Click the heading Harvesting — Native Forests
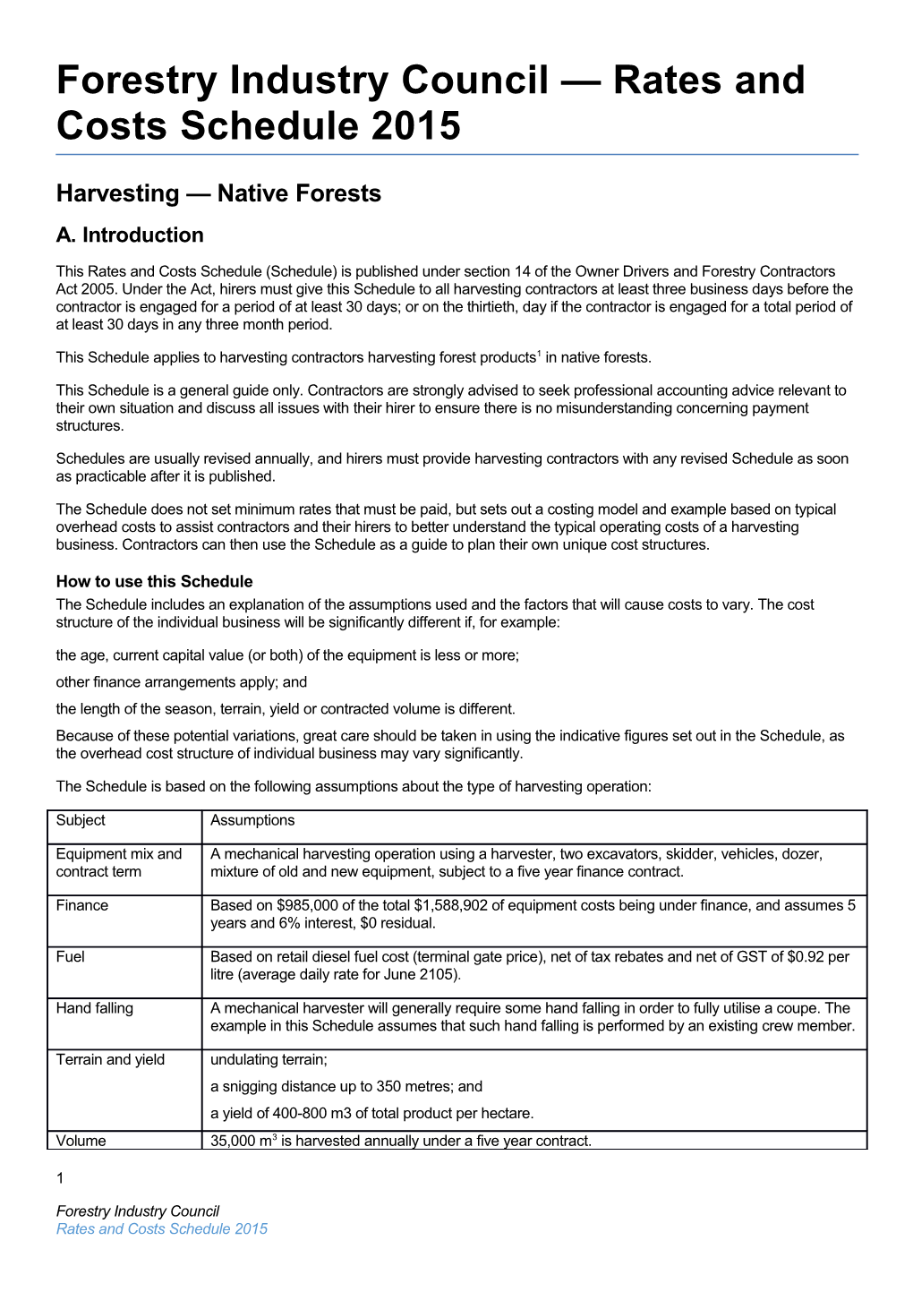(x=218, y=193)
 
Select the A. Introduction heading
(x=130, y=235)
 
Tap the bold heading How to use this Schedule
(x=154, y=581)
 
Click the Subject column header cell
(x=81, y=820)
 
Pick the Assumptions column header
(x=252, y=820)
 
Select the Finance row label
(x=82, y=905)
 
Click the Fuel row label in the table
(x=71, y=957)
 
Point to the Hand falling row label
(x=95, y=1008)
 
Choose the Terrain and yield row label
(x=110, y=1060)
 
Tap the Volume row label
(x=81, y=1141)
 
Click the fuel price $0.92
(x=806, y=957)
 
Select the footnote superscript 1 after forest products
(x=539, y=353)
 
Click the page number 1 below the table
(x=60, y=1178)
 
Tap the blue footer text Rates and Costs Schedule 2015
(x=162, y=1229)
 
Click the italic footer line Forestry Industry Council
(x=138, y=1211)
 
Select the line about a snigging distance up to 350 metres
(x=346, y=1087)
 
